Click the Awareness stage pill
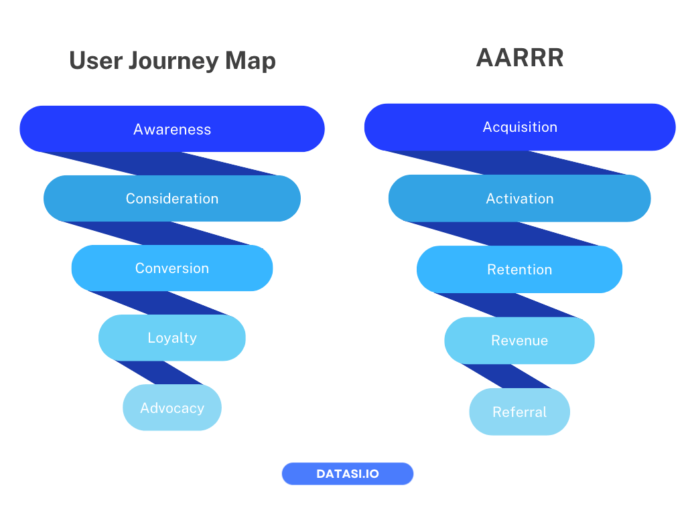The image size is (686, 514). click(172, 129)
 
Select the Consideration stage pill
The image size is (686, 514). click(172, 199)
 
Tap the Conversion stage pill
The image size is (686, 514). click(172, 268)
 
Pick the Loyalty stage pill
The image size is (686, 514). click(172, 338)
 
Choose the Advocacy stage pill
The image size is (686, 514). click(172, 408)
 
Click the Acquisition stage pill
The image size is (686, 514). click(520, 127)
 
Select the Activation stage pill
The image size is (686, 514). click(520, 199)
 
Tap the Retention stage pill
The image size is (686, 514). click(520, 270)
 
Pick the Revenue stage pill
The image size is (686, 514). click(520, 341)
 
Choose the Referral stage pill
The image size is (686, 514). click(520, 412)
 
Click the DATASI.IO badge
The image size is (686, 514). click(348, 474)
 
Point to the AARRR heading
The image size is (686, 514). click(520, 58)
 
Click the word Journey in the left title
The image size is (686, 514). click(173, 62)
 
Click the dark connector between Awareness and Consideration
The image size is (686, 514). click(161, 164)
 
